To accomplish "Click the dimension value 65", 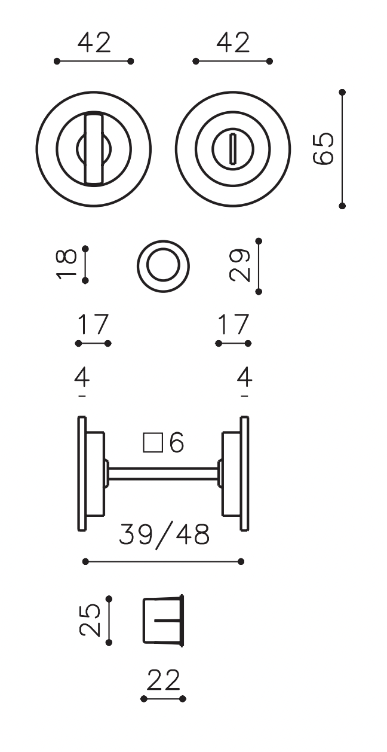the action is (x=323, y=149).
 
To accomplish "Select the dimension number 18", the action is (x=66, y=265).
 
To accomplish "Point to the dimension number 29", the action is (x=239, y=265).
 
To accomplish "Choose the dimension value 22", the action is (x=164, y=680).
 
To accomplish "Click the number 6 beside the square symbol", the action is (x=177, y=442).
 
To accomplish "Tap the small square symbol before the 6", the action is (x=153, y=443).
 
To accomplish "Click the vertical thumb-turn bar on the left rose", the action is (x=94, y=148).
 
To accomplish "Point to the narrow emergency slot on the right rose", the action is (x=233, y=149).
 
